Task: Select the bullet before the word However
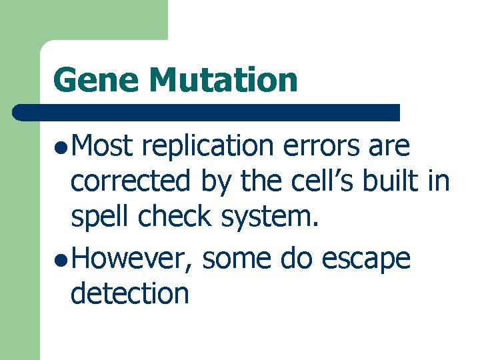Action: pyautogui.click(x=61, y=259)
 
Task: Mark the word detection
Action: pyautogui.click(x=130, y=293)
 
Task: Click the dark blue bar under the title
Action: pyautogui.click(x=207, y=112)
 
